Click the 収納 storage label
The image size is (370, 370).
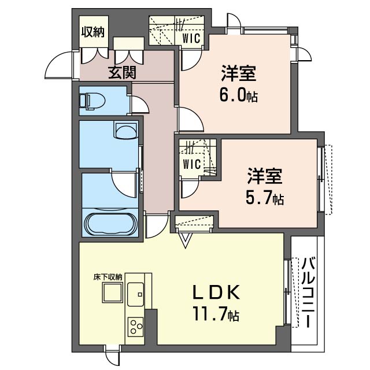point(92,32)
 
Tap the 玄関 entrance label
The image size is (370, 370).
point(122,72)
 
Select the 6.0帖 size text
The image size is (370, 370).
point(239,95)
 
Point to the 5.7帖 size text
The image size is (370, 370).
point(265,198)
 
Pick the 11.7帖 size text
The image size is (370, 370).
point(216,314)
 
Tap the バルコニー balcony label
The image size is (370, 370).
point(308,293)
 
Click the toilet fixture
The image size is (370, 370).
point(92,101)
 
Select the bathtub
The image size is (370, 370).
point(109,224)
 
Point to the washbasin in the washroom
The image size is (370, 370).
point(125,130)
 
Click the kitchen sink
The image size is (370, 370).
point(135,294)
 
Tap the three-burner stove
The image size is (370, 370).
point(135,327)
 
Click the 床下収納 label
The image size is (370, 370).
point(108,277)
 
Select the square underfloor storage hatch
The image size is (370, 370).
point(112,292)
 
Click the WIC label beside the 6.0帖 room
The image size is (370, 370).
point(191,38)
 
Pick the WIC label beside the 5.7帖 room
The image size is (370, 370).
point(192,164)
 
